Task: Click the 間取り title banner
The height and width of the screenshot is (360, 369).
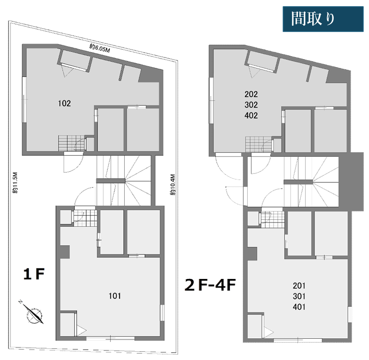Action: click(323, 19)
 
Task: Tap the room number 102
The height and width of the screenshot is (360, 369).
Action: click(64, 103)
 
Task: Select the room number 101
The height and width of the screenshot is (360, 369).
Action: click(115, 296)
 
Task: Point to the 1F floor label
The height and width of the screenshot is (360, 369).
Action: click(34, 274)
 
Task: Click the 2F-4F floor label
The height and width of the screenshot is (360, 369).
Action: click(210, 285)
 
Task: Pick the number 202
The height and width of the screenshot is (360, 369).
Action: click(251, 94)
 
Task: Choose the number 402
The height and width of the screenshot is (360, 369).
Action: click(251, 115)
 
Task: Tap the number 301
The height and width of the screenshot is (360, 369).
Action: click(299, 296)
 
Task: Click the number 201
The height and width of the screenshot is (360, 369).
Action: click(299, 286)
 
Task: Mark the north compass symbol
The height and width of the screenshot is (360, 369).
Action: click(32, 312)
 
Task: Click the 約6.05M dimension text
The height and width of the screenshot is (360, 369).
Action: click(99, 48)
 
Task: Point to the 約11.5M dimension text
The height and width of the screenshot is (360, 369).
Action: click(15, 183)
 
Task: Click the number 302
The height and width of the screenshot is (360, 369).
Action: click(251, 105)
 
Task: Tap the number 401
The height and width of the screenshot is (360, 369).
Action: click(299, 307)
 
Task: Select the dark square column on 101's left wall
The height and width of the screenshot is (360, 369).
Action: click(65, 252)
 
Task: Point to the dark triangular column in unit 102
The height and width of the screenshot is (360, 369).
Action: click(151, 76)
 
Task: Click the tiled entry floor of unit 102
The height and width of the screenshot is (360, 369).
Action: click(71, 143)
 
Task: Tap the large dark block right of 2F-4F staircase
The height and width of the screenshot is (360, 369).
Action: click(352, 182)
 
